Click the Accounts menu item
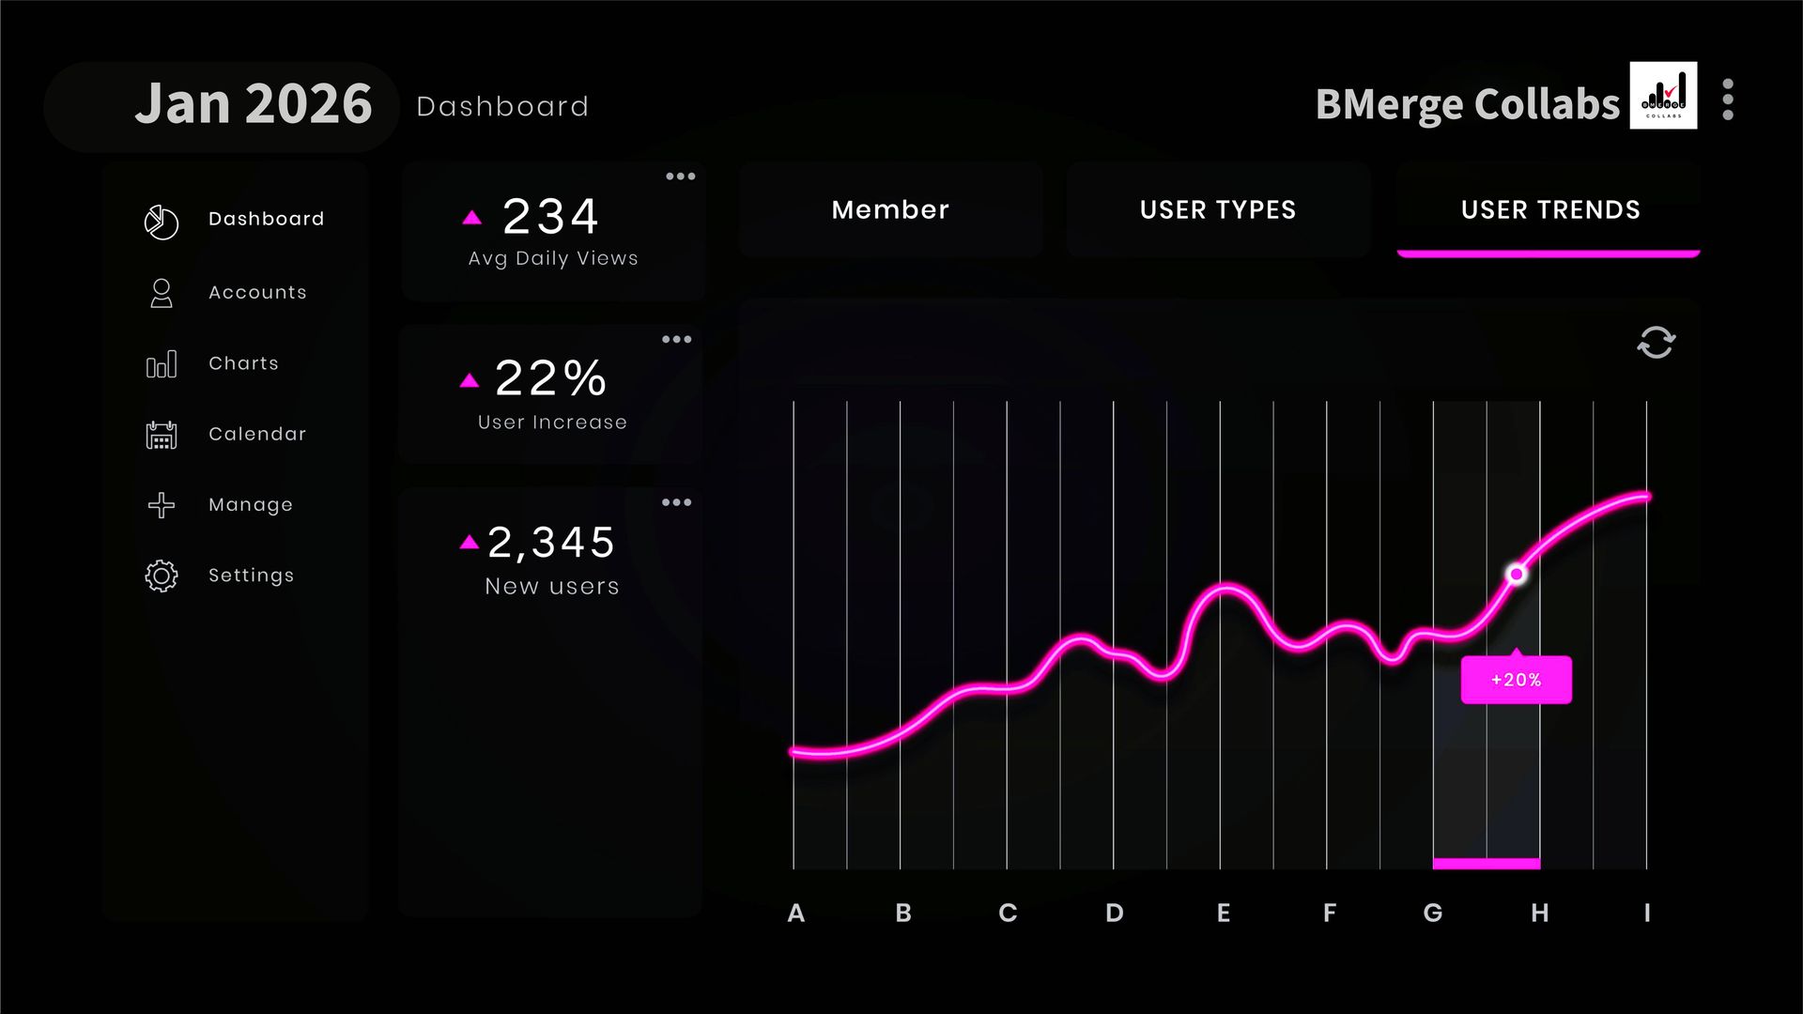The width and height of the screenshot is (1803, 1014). click(256, 292)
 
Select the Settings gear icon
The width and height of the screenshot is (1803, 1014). click(162, 576)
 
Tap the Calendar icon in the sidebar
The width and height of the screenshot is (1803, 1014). click(162, 435)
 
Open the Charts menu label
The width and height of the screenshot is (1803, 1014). click(243, 363)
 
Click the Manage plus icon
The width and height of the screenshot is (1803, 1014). click(162, 505)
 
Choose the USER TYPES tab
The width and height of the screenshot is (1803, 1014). click(1217, 209)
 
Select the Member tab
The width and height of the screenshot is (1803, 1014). click(890, 209)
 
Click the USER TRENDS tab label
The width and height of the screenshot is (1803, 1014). click(1549, 209)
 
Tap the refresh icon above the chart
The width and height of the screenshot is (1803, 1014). click(1656, 343)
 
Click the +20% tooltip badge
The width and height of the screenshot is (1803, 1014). click(1516, 680)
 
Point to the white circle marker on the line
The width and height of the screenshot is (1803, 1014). click(1516, 574)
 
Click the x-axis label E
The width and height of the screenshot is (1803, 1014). click(1223, 913)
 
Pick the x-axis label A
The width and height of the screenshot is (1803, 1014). click(795, 913)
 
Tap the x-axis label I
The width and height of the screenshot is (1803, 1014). click(1647, 913)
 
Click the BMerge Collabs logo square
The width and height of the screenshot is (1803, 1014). click(1663, 96)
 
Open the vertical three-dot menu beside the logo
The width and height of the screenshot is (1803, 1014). click(1728, 100)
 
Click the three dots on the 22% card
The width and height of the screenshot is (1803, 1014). click(676, 340)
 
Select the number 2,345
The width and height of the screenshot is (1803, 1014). click(551, 543)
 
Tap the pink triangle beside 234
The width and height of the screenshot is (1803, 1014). click(472, 218)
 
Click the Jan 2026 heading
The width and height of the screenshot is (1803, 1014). click(254, 103)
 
